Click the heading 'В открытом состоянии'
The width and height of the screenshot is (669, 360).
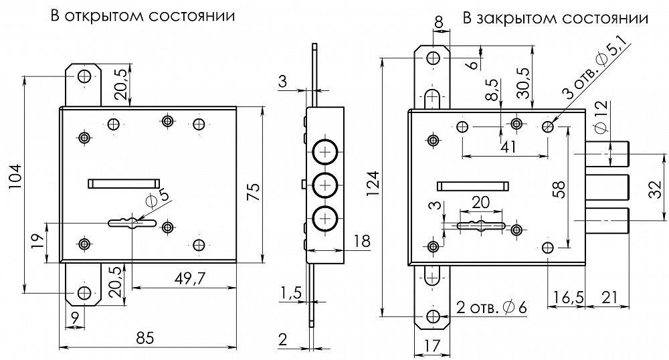[142, 16]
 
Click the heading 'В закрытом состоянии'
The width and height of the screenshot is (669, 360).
[555, 18]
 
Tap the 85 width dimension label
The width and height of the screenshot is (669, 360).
[145, 338]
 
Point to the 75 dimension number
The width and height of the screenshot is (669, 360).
[253, 192]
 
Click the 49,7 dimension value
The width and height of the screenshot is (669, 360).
[190, 278]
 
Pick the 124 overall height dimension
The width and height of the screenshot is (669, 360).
[373, 183]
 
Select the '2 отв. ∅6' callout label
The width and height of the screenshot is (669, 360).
[492, 307]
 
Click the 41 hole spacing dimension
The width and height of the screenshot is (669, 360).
[508, 147]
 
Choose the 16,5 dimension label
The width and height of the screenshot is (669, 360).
[568, 297]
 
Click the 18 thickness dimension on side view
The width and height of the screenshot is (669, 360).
[361, 242]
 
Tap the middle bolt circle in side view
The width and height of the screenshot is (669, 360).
[325, 185]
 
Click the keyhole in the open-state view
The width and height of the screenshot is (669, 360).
[132, 222]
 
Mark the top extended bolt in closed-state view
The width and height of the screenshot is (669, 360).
[607, 153]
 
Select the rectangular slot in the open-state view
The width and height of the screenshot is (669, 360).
[124, 183]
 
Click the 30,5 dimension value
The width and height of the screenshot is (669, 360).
[524, 83]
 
